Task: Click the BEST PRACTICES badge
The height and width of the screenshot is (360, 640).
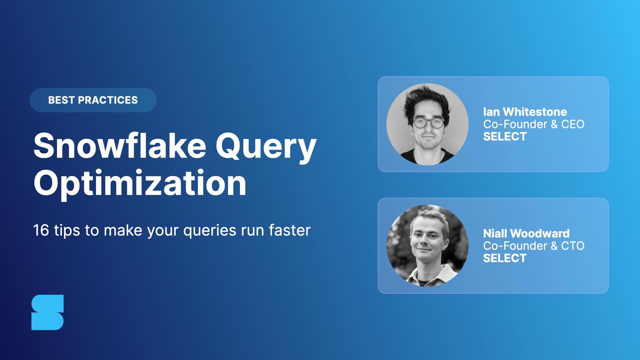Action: click(x=93, y=100)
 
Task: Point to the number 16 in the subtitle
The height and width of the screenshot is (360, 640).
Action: click(x=41, y=230)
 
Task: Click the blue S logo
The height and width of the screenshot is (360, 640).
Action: click(x=48, y=312)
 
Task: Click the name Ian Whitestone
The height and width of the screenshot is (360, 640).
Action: click(x=525, y=112)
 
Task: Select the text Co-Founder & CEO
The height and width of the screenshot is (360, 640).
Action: click(x=534, y=124)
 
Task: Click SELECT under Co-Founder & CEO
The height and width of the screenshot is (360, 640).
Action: click(x=505, y=136)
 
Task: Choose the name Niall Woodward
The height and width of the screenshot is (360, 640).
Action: click(x=526, y=233)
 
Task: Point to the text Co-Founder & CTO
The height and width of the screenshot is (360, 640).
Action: click(x=534, y=246)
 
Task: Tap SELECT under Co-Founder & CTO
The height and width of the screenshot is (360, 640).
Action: click(x=505, y=258)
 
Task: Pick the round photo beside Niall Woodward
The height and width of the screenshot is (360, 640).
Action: click(x=427, y=246)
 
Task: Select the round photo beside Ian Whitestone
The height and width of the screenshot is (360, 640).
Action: click(x=427, y=124)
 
